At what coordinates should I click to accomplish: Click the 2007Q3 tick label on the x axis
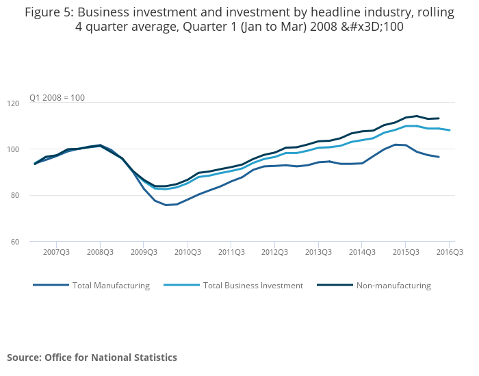tap(57, 253)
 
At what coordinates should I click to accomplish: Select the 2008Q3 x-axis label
tap(100, 253)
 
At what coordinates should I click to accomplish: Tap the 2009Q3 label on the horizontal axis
tap(144, 253)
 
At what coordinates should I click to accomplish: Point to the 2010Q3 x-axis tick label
tap(187, 253)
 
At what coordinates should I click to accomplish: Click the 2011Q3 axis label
tap(231, 253)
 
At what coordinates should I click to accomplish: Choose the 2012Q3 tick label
tap(274, 253)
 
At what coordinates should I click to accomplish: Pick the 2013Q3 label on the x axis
tap(318, 253)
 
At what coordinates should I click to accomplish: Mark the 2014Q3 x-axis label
tap(362, 253)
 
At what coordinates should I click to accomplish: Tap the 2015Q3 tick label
tap(406, 253)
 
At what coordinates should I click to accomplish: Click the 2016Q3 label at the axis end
tap(449, 253)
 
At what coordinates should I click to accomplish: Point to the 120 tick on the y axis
tap(31, 103)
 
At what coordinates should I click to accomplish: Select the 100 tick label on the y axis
tap(31, 149)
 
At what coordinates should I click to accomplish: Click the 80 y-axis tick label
tap(33, 196)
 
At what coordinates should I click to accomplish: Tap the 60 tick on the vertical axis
tap(33, 242)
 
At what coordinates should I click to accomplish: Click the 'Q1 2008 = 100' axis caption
tap(57, 98)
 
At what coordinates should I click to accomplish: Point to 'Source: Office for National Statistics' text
tap(92, 358)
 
